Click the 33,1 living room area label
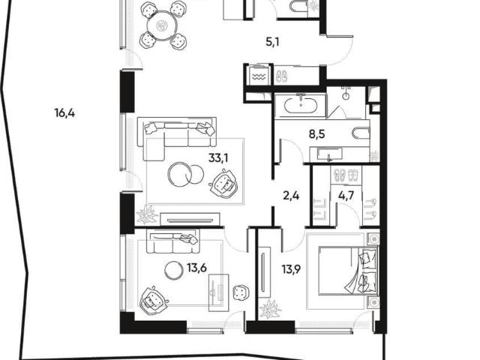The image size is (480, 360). tap(218, 158)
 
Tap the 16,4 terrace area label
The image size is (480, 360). tap(64, 113)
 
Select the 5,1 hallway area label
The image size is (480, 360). tap(272, 41)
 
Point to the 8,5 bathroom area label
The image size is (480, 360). tap(316, 133)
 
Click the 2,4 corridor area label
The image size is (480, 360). tap(291, 195)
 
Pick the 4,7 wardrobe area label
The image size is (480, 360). tap(346, 195)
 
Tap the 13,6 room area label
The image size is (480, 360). tap(196, 268)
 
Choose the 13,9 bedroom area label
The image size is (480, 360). tap(291, 269)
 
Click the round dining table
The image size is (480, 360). tap(163, 26)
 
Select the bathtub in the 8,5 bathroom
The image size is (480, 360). tap(301, 106)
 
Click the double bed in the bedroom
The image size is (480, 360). tap(347, 271)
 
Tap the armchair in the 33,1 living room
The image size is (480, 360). tap(223, 184)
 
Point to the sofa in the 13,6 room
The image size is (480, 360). tap(173, 241)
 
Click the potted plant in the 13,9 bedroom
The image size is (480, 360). tap(270, 309)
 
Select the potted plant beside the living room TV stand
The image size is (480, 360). tap(147, 214)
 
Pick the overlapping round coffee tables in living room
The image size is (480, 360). tap(186, 175)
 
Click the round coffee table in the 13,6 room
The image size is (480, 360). tap(174, 270)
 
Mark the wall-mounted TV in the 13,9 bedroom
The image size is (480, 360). tap(263, 271)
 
